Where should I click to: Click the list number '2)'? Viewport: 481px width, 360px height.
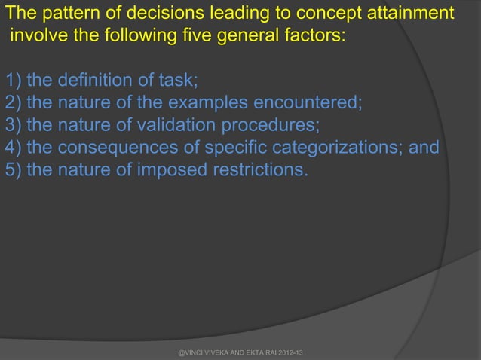pyautogui.click(x=13, y=102)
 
